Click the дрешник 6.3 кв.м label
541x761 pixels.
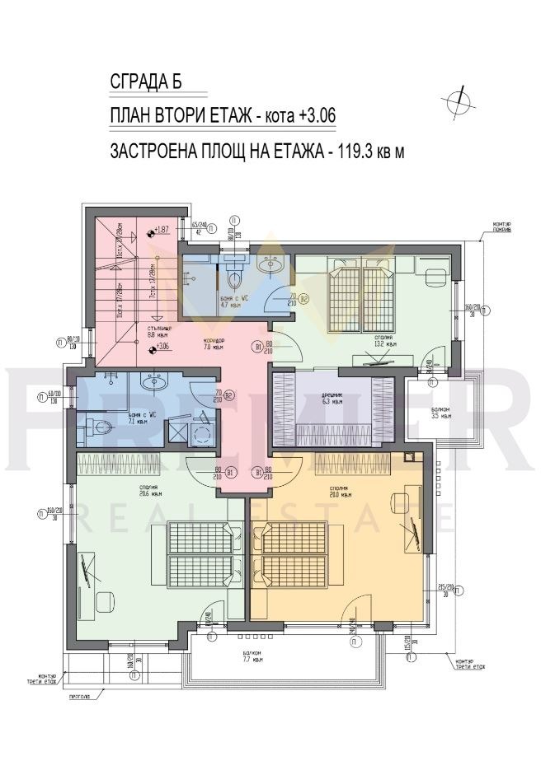[x=333, y=400]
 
